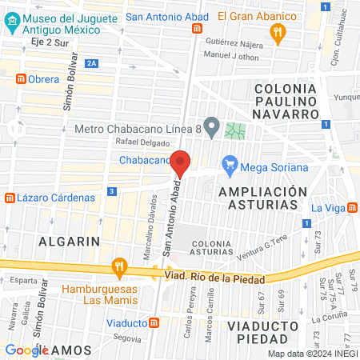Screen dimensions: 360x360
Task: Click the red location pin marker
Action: (x=181, y=164)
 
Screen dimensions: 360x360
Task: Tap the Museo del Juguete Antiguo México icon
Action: (x=11, y=22)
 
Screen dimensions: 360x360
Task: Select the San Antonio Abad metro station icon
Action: (x=197, y=26)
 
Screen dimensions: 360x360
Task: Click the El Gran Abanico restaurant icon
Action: (x=278, y=32)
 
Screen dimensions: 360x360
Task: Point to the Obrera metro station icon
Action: (x=21, y=78)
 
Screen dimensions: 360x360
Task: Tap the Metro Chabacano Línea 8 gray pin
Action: (x=211, y=126)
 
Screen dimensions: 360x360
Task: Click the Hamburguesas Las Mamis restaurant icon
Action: (x=119, y=265)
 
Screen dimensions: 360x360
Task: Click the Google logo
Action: (x=27, y=350)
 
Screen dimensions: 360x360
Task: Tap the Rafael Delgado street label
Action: (x=143, y=142)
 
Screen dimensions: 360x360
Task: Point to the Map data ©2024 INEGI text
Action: (x=312, y=353)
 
